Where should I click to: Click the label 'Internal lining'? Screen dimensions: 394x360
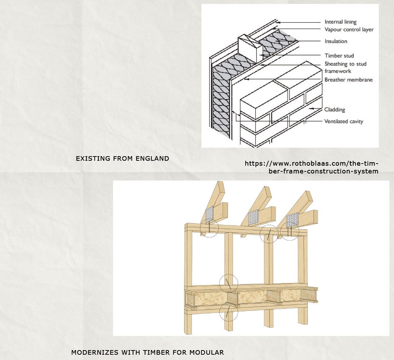coord(340,22)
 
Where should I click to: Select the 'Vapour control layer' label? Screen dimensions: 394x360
coord(349,29)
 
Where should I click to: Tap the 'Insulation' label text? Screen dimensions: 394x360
coord(336,41)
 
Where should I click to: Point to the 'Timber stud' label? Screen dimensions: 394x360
coord(339,55)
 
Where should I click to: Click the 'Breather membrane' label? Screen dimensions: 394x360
coord(348,79)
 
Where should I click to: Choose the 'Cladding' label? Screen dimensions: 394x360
coord(335,110)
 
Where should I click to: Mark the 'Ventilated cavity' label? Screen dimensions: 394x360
coord(343,121)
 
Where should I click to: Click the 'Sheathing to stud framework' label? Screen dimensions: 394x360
coord(345,67)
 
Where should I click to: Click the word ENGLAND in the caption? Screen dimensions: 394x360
coord(153,159)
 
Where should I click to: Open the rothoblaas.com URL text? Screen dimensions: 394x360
coord(311,167)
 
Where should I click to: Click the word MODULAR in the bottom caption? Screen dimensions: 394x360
coord(206,352)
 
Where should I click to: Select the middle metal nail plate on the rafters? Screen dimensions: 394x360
coord(253,218)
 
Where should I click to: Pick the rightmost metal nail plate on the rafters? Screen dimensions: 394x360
coord(292,220)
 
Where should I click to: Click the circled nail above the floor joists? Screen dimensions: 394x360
coord(229,283)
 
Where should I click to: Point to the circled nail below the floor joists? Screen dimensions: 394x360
coord(229,312)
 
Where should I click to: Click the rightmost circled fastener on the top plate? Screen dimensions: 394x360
coord(290,231)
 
